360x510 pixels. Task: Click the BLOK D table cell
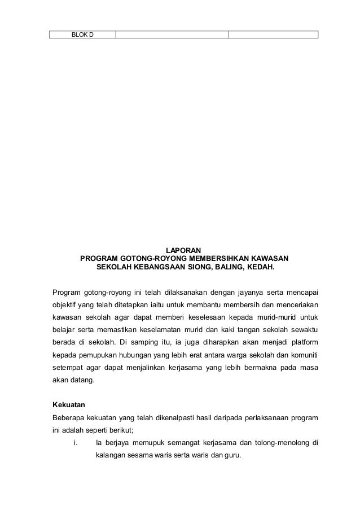click(x=82, y=34)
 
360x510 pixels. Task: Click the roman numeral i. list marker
click(x=75, y=442)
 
